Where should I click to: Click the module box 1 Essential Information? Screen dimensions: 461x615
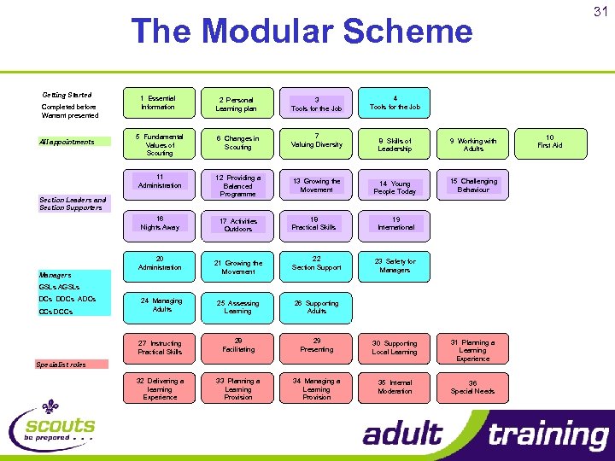click(159, 103)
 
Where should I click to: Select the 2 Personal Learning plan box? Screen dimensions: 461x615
click(237, 104)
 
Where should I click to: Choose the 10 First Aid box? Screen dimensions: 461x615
click(550, 141)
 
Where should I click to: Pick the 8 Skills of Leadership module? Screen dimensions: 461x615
click(395, 144)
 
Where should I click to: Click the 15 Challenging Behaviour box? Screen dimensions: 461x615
click(472, 185)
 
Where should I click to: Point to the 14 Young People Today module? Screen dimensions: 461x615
click(395, 187)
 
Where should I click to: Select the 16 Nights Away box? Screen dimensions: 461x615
click(159, 223)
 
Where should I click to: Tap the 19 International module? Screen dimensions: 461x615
click(395, 223)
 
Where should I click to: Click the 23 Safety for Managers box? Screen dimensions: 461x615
click(395, 266)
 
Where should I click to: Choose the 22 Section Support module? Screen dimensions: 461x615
click(316, 263)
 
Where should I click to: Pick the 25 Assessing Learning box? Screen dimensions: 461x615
click(237, 306)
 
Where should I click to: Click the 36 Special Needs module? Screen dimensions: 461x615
click(472, 387)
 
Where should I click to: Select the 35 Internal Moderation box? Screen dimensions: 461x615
click(395, 387)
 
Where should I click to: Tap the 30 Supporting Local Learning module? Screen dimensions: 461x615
click(395, 347)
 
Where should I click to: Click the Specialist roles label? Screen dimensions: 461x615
click(61, 365)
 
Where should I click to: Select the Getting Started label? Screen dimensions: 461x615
click(67, 95)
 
